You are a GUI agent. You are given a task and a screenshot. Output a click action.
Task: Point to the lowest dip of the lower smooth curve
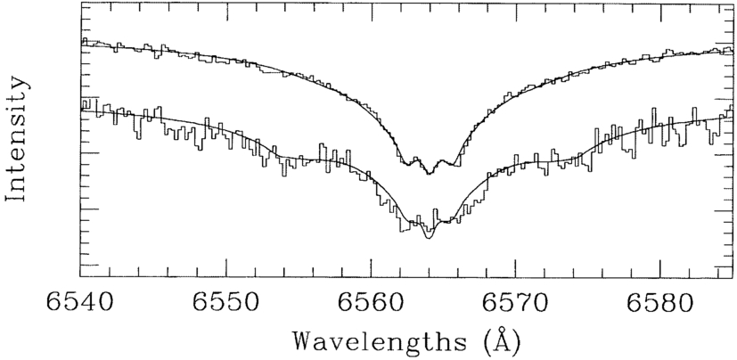click(429, 239)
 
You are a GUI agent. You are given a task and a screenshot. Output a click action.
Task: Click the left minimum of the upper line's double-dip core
click(406, 165)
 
